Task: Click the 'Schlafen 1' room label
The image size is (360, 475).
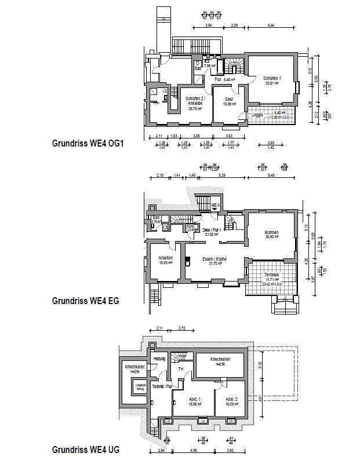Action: pyautogui.click(x=272, y=78)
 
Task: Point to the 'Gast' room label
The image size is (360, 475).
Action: pyautogui.click(x=229, y=99)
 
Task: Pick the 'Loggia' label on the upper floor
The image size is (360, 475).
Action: pyautogui.click(x=257, y=115)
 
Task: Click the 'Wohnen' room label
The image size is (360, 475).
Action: pyautogui.click(x=271, y=232)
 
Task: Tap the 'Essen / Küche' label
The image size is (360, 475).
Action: pyautogui.click(x=214, y=258)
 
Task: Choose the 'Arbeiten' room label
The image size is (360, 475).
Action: pyautogui.click(x=166, y=258)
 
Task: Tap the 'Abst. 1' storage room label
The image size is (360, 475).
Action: pyautogui.click(x=195, y=400)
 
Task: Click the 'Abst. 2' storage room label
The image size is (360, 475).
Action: pyautogui.click(x=231, y=400)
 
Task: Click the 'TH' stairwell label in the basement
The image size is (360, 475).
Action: pyautogui.click(x=180, y=369)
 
